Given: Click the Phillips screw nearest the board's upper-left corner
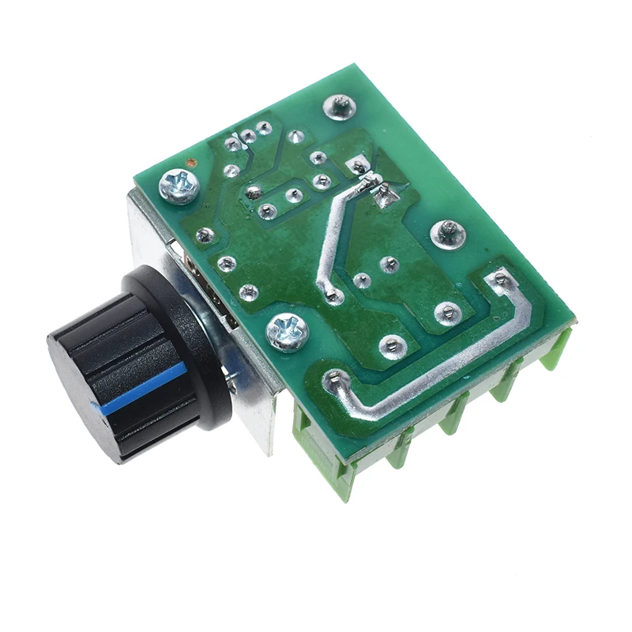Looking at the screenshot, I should [179, 187].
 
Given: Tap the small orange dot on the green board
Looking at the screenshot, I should [190, 164].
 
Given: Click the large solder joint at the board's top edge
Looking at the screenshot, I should [340, 105].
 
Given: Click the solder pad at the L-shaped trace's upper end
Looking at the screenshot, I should [499, 278].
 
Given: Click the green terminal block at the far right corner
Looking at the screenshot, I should [557, 348].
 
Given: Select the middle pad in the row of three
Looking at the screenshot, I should [249, 137].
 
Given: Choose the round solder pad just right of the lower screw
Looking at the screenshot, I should [392, 344].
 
